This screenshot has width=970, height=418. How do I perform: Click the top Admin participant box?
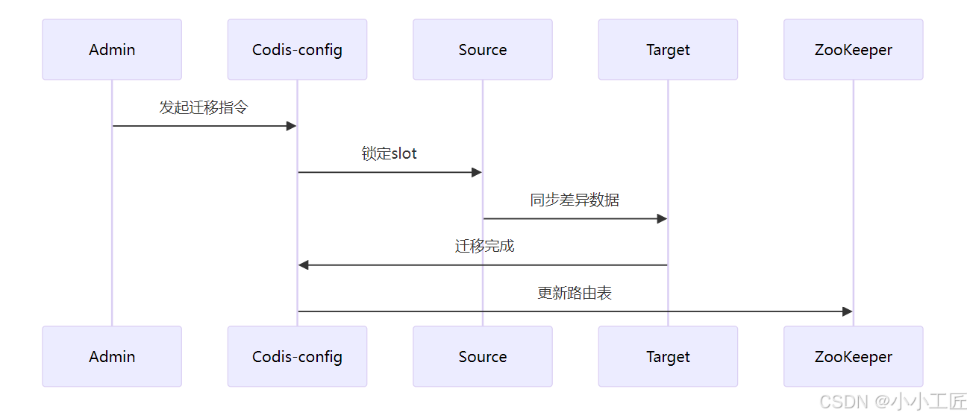112,50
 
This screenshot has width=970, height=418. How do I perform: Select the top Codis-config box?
297,50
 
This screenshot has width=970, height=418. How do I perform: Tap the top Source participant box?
482,50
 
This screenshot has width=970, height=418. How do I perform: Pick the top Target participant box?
668,50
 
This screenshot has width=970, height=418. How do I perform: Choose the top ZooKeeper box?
853,50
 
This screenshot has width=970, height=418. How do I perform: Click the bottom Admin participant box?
112,357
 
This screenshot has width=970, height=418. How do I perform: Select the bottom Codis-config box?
297,357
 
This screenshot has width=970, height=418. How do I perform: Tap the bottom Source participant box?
482,357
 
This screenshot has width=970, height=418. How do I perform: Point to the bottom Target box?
668,357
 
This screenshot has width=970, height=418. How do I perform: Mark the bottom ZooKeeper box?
853,357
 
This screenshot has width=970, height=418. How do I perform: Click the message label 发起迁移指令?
204,107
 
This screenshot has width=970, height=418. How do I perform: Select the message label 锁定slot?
389,153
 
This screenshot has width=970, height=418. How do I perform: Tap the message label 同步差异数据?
575,200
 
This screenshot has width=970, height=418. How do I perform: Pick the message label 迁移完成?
484,246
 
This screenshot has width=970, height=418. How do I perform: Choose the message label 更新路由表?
575,293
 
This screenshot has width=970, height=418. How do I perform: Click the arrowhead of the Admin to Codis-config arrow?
292,126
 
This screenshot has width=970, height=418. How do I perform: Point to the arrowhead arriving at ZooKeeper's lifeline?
848,311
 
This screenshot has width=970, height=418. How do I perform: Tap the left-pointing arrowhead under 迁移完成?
304,265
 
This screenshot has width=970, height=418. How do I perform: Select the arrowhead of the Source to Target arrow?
662,219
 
